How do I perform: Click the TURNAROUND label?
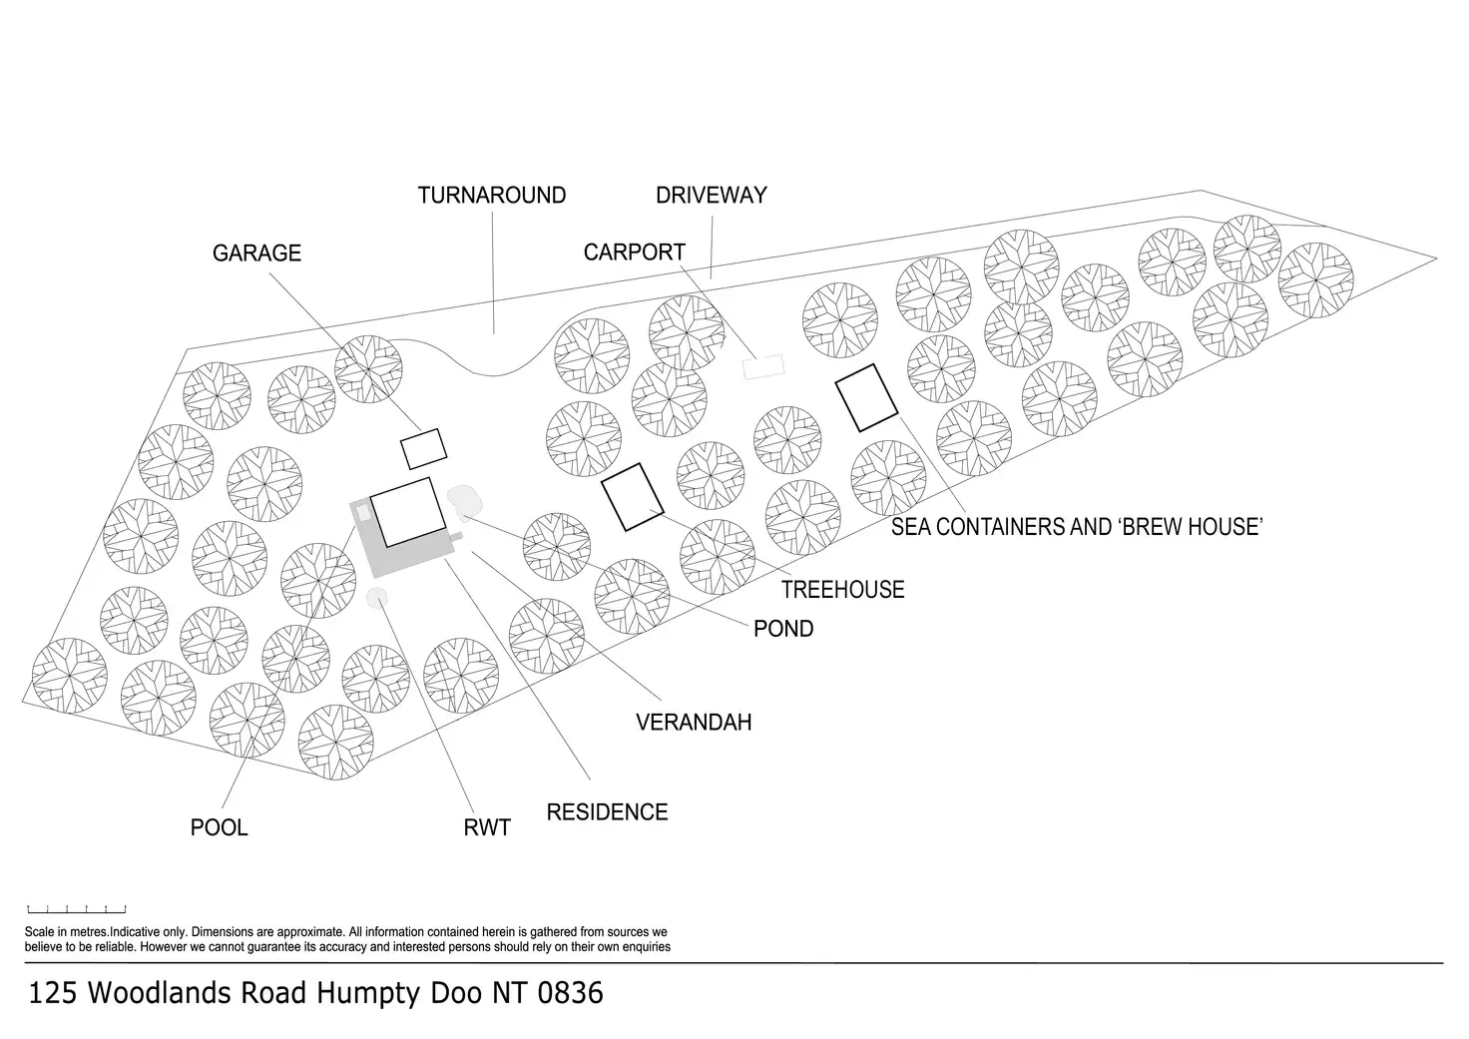pos(491,195)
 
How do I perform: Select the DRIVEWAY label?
pos(711,195)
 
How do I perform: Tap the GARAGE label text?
pos(256,254)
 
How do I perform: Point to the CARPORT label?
pos(634,253)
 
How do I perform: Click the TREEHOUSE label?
pos(842,590)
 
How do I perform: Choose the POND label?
pos(783,629)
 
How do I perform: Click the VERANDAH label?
pos(694,722)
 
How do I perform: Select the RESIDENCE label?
pos(607,812)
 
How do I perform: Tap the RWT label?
pos(487,827)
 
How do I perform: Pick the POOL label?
pos(219,827)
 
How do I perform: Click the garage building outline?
pos(422,449)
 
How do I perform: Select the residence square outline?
pos(407,511)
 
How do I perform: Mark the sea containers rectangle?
pos(866,398)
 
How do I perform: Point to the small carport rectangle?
pos(763,367)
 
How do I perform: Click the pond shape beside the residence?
pos(464,501)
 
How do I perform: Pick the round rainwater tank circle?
pos(376,597)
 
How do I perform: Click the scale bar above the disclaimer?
pos(77,909)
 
